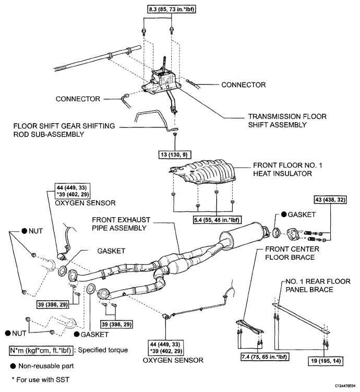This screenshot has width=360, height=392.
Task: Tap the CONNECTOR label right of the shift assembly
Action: tap(243, 84)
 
